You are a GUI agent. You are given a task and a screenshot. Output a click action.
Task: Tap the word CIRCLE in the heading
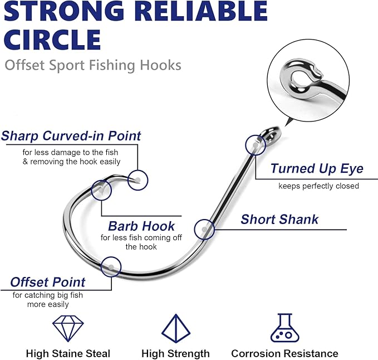pyautogui.click(x=53, y=40)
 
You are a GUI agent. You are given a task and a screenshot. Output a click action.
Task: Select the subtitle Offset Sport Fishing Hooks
pyautogui.click(x=93, y=65)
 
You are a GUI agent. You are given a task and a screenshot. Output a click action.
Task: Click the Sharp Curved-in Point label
pyautogui.click(x=71, y=135)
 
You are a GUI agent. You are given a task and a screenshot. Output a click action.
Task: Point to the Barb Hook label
pyautogui.click(x=141, y=226)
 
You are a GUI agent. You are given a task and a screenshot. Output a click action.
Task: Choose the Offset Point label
pyautogui.click(x=48, y=282)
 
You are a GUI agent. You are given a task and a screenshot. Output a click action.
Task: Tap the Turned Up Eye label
pyautogui.click(x=317, y=169)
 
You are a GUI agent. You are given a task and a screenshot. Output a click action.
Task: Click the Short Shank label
pyautogui.click(x=279, y=219)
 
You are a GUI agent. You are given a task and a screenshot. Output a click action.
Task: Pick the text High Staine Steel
pyautogui.click(x=68, y=353)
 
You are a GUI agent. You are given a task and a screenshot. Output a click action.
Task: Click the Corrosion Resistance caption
pyautogui.click(x=284, y=353)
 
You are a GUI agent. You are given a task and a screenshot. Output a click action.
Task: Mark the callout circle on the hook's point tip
pyautogui.click(x=138, y=179)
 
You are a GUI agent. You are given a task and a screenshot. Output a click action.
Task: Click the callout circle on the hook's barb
pyautogui.click(x=101, y=189)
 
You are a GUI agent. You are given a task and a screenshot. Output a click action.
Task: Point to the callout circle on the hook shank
pyautogui.click(x=205, y=229)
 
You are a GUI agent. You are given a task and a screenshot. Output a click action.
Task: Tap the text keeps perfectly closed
pyautogui.click(x=318, y=186)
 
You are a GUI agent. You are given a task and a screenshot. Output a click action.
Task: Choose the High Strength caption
pyautogui.click(x=175, y=353)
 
